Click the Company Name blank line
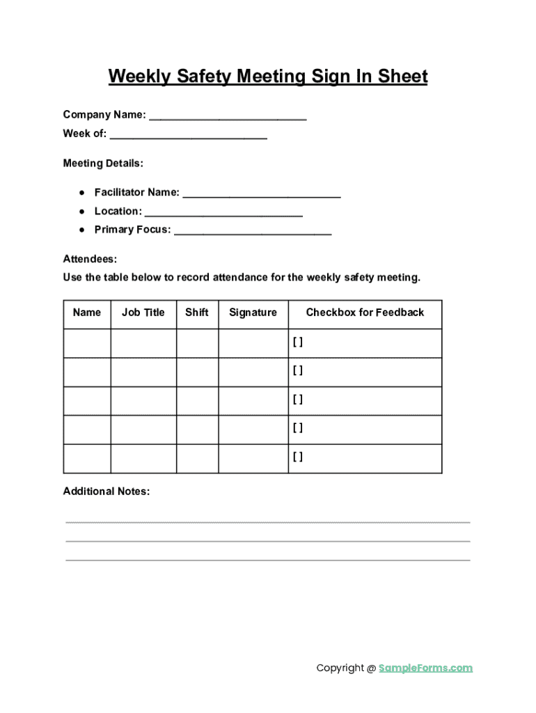[x=228, y=118]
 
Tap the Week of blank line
[x=188, y=137]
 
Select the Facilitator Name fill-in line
[x=261, y=196]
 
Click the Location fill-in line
[x=223, y=214]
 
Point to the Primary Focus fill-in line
[x=253, y=233]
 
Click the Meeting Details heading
[x=103, y=164]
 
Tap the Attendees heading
[x=90, y=259]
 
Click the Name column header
[x=87, y=313]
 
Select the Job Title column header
[x=143, y=313]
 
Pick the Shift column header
[x=197, y=313]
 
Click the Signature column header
[x=253, y=313]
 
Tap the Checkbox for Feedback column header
[x=365, y=313]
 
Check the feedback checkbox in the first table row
[x=298, y=342]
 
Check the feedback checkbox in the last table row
[x=298, y=457]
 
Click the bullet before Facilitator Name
[x=81, y=192]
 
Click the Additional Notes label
[x=107, y=492]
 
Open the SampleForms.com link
[x=425, y=668]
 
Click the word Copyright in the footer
[x=340, y=668]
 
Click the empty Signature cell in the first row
[x=253, y=343]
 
